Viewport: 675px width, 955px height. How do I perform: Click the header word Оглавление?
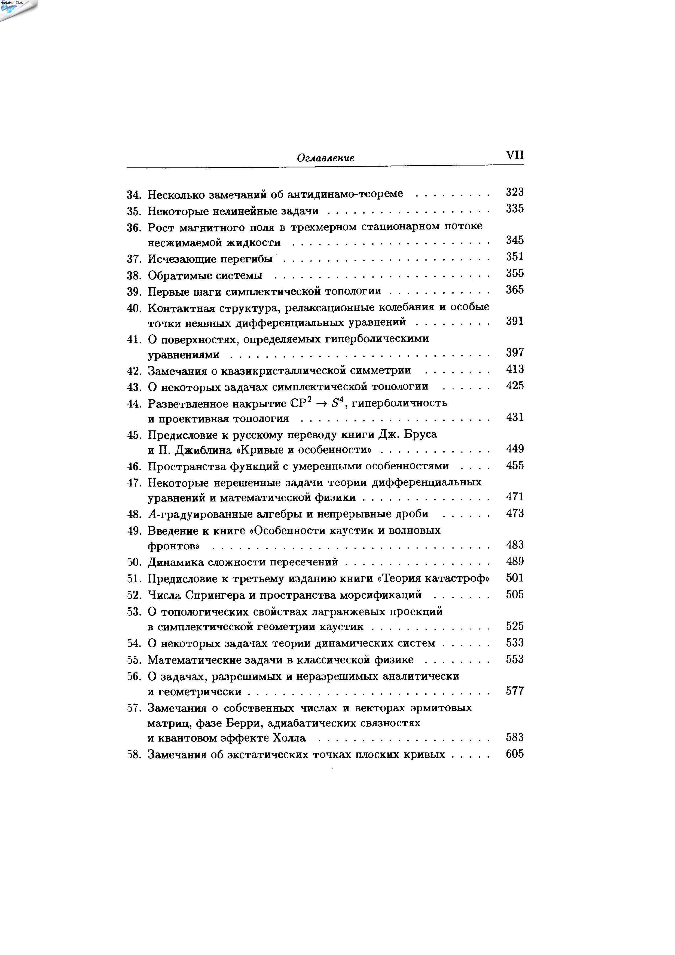point(326,158)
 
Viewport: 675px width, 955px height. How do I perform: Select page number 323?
point(515,192)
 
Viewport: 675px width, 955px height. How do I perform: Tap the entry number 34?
point(134,195)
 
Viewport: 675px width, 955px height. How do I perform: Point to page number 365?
point(515,290)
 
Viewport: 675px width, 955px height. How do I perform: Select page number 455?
point(515,466)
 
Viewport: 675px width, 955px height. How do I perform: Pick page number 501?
point(515,578)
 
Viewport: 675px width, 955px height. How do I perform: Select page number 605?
point(515,754)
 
